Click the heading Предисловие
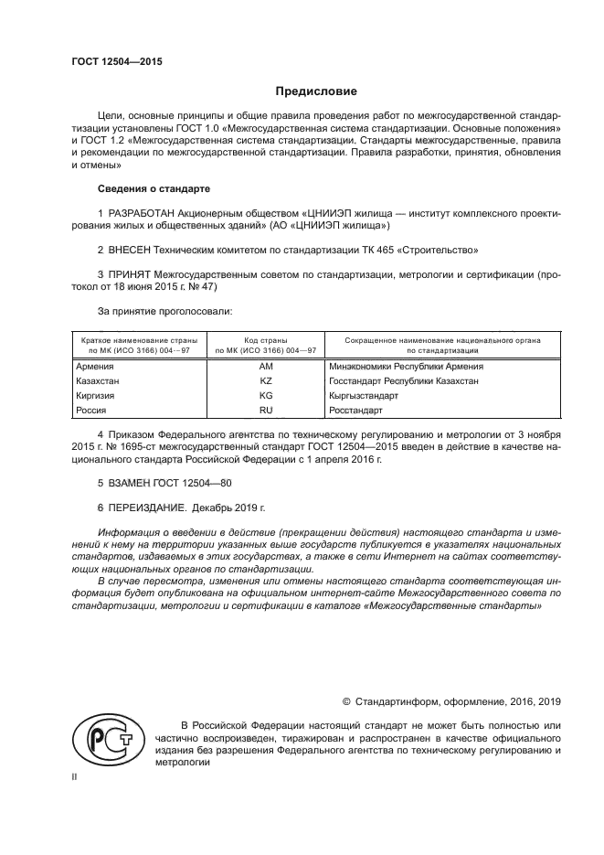click(x=316, y=91)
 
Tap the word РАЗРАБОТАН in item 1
click(x=141, y=213)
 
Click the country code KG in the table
click(x=266, y=396)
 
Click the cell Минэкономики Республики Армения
click(x=405, y=366)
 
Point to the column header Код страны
click(x=266, y=340)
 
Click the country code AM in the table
click(x=266, y=366)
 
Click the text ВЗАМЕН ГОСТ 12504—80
click(x=158, y=481)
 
